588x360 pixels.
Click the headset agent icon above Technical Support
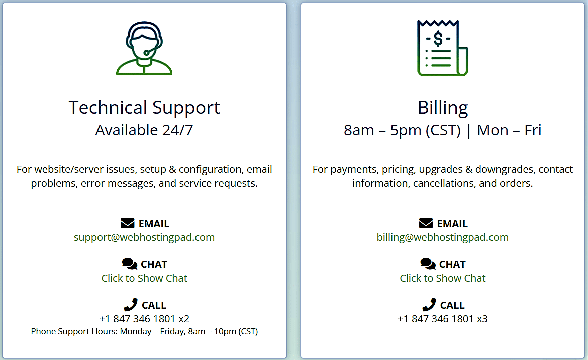pos(144,48)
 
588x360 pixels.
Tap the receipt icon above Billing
pos(442,48)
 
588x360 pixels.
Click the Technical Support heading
pos(144,108)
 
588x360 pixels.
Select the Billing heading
pos(443,108)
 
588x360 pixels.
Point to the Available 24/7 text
pos(144,130)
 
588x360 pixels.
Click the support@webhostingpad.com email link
pos(144,237)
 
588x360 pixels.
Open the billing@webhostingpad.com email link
pos(442,237)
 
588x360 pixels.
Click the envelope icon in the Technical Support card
pos(128,223)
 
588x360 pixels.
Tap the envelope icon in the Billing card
pos(426,223)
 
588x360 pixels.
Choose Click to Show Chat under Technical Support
pos(144,278)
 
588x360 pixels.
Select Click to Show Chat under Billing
pos(442,278)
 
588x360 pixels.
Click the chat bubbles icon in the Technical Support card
pos(130,264)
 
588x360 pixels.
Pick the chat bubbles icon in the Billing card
pos(428,264)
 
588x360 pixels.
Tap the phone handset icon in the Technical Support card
pos(131,305)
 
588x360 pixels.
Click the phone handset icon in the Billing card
pos(429,305)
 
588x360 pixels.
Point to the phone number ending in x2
pos(144,319)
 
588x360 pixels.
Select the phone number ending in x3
pos(442,319)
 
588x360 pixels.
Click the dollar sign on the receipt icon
pos(438,38)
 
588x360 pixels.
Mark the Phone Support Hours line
pos(144,331)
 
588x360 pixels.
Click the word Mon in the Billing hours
pos(493,130)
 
